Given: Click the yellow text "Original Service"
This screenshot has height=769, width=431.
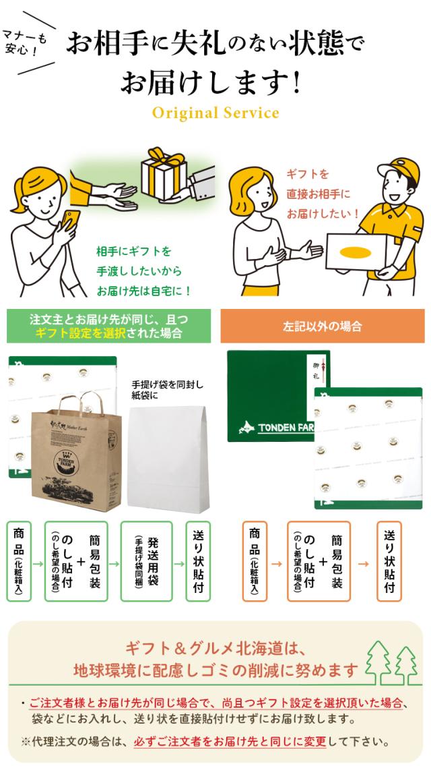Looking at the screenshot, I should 215,113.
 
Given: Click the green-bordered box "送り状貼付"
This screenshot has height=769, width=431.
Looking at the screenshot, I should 198,561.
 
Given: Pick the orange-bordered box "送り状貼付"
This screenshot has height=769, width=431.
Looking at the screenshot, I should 389,561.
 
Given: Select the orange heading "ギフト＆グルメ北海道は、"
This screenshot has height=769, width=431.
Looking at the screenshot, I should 215,650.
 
